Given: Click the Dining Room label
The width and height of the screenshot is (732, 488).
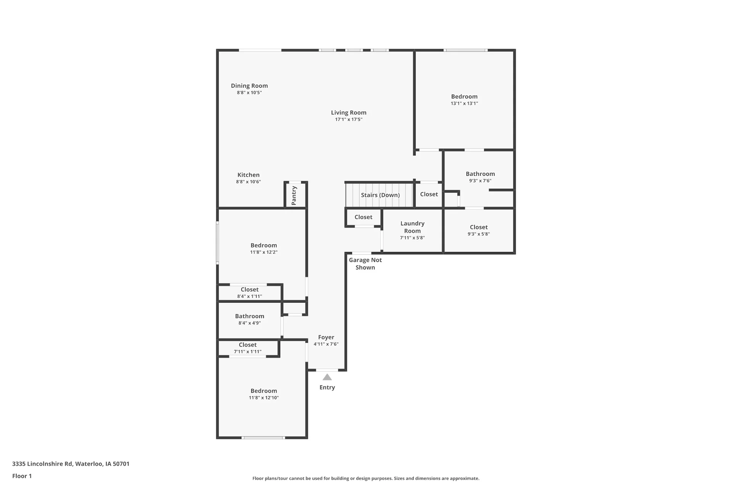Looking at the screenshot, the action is tap(249, 86).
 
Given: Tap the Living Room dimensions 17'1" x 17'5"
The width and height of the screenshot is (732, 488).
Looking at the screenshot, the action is tap(348, 119).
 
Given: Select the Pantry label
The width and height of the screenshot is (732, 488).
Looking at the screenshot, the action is tap(294, 196).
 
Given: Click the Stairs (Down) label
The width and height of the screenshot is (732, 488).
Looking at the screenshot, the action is tap(380, 195).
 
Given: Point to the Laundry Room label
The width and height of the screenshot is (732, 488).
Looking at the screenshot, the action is tap(413, 227).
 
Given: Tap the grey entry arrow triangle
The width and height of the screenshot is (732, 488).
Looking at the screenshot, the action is tap(327, 377).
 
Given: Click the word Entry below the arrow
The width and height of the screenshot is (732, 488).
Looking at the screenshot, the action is tap(327, 387).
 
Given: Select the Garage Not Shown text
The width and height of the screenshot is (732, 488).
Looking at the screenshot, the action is tap(365, 264).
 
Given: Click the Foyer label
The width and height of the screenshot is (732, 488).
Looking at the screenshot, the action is tap(326, 337).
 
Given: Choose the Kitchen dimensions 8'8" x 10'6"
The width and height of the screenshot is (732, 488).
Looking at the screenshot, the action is tap(248, 182).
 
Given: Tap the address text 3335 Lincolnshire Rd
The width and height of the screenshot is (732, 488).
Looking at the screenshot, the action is tap(42, 464).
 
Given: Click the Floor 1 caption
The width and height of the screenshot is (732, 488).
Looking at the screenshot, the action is tap(22, 476).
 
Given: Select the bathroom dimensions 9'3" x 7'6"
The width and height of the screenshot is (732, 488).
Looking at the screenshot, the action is tap(480, 181).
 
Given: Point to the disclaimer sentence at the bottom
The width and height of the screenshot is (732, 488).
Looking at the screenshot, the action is tap(366, 478).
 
